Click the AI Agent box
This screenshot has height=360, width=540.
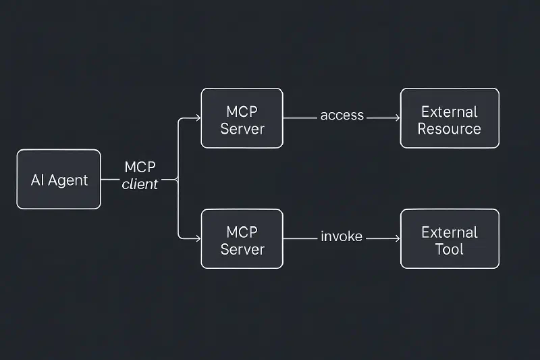[x=59, y=180]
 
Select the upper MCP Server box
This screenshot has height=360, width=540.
[x=242, y=118]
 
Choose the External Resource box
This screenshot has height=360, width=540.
[x=450, y=118]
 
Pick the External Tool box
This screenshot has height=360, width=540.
[x=450, y=238]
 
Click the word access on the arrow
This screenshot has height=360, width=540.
[x=342, y=115]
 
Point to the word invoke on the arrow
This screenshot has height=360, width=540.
[x=342, y=236]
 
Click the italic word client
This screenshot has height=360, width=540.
[x=140, y=184]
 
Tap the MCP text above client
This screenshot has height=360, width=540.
[x=140, y=168]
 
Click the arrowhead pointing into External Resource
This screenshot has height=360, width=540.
[x=396, y=118]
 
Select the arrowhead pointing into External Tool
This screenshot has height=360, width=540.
[x=396, y=238]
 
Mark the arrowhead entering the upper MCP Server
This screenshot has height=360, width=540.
[x=197, y=118]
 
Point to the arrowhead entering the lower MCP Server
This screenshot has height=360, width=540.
[x=197, y=238]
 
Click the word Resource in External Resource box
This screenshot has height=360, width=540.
[x=450, y=128]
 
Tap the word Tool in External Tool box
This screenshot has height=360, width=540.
[x=450, y=249]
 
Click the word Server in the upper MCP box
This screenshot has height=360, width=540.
[x=242, y=128]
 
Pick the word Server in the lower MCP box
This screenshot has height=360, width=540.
[x=242, y=249]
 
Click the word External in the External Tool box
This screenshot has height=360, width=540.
[x=450, y=232]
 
